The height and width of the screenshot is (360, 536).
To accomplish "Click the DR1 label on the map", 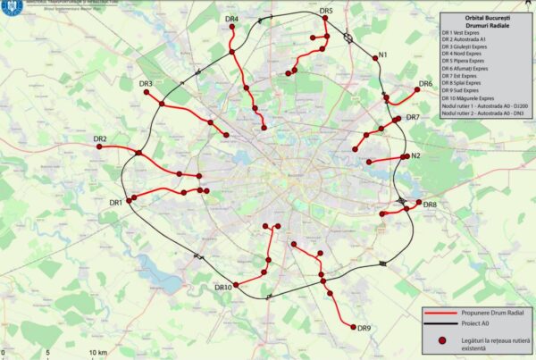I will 115,204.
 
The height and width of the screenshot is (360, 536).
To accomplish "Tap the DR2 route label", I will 99,139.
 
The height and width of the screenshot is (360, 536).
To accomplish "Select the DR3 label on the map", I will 146,85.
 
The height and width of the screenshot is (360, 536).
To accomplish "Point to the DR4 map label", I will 230,19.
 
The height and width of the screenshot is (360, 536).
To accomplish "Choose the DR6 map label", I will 425,84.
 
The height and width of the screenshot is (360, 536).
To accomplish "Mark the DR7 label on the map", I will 413,118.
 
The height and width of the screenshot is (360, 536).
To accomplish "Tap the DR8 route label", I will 429,205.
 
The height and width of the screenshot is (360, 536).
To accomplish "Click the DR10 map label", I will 223,288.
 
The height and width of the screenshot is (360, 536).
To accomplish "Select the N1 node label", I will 383,56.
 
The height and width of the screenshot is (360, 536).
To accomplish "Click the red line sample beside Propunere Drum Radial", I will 442,314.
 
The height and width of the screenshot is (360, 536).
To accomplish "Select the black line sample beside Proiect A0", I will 442,326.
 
